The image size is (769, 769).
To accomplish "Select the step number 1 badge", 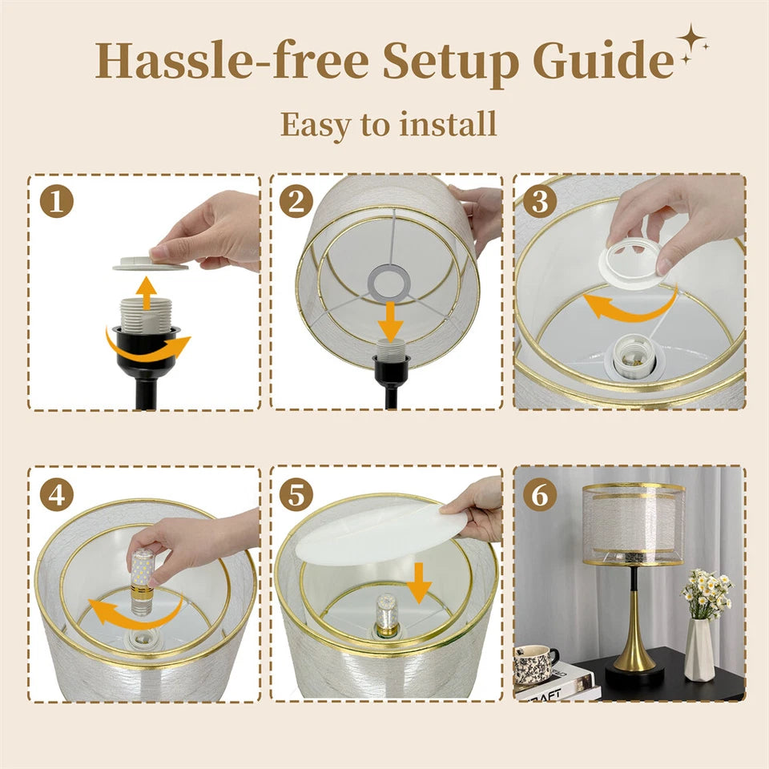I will coord(56,201).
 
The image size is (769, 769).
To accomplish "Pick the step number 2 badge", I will coord(296,201).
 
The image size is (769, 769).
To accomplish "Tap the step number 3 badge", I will coord(540,201).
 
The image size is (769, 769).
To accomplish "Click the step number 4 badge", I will coord(56,494).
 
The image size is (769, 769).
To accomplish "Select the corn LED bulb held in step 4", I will coord(142,582).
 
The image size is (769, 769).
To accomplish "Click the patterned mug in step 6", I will coord(534,664).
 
